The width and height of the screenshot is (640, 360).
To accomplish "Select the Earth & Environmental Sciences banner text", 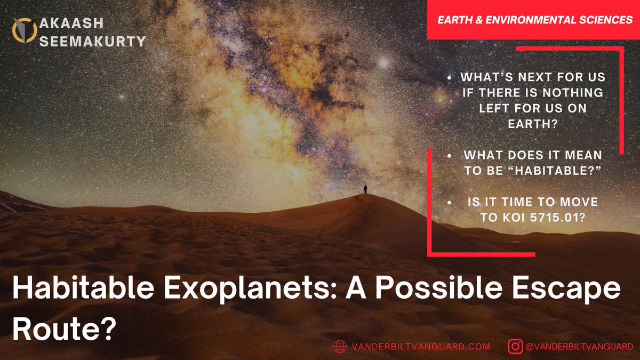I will (533, 20).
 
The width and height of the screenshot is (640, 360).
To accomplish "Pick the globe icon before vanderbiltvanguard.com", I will (340, 347).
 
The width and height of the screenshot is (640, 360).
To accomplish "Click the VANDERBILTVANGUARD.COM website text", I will (421, 347).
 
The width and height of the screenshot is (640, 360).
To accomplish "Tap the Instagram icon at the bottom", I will (515, 347).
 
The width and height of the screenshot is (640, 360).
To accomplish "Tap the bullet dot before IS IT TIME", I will (451, 203).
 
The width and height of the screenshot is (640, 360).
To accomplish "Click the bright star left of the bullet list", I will (382, 63).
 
